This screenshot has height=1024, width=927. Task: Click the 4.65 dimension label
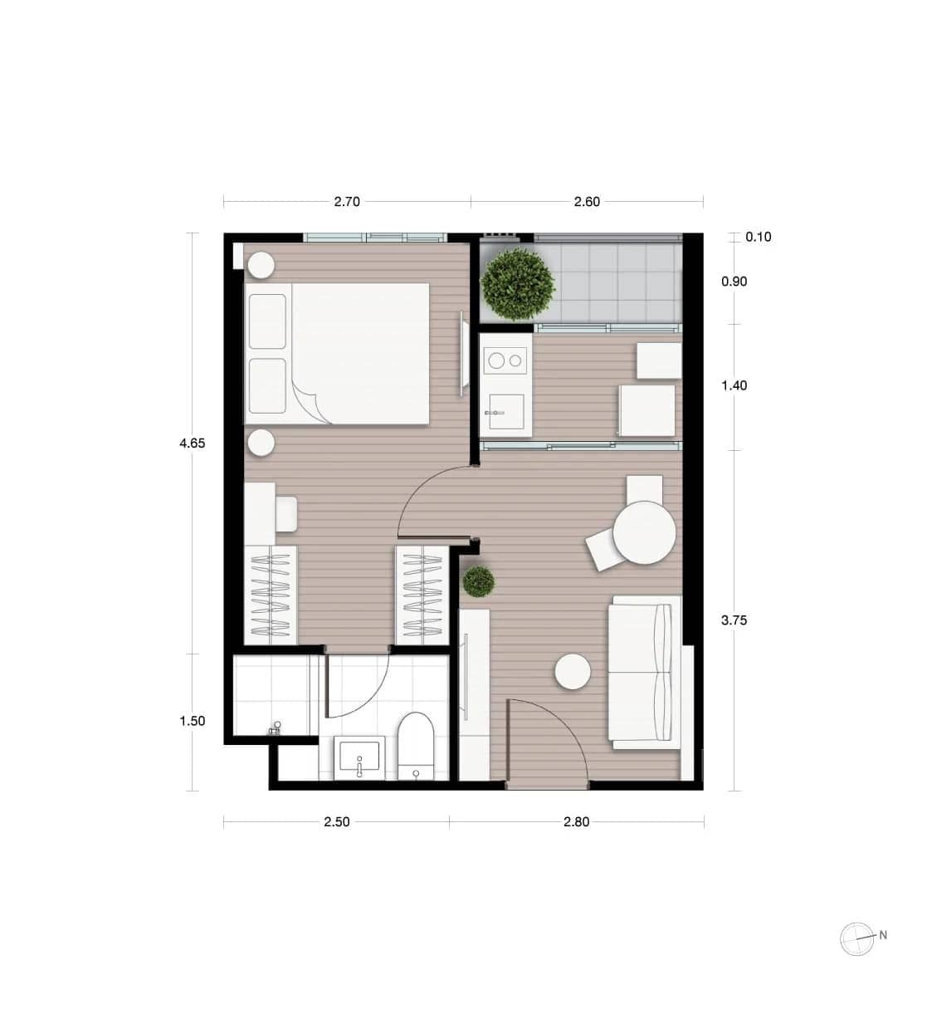[192, 443]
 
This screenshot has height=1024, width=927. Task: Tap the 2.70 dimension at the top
[347, 202]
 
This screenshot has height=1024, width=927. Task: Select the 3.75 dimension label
[734, 620]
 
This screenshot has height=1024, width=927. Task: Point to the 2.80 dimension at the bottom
[576, 822]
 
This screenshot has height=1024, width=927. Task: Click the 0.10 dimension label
[758, 238]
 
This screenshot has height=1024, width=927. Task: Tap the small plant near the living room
[479, 581]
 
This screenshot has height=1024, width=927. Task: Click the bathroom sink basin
[359, 757]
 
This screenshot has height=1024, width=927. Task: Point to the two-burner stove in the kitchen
[506, 360]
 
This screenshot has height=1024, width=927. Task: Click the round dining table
[644, 532]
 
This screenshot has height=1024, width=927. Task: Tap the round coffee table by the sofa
[573, 671]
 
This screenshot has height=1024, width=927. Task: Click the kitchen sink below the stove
[506, 412]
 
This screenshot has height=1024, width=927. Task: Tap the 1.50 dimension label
[192, 722]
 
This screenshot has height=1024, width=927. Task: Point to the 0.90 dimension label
[734, 282]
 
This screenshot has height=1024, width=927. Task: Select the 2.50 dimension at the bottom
[337, 822]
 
